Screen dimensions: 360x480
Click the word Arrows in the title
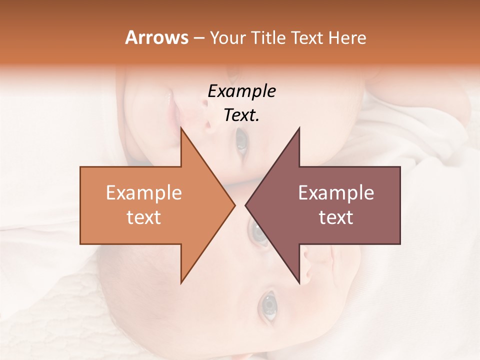coord(156,37)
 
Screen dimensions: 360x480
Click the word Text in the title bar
coord(308,38)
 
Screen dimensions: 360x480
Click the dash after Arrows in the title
coord(198,38)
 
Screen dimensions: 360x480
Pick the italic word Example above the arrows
coord(241,91)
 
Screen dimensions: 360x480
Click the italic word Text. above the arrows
coord(241,115)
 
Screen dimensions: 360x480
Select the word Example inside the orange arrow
coord(144,193)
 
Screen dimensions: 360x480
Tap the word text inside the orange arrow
coord(144,217)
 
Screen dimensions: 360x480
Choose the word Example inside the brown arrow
coord(336,193)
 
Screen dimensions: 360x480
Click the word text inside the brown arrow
coord(336,217)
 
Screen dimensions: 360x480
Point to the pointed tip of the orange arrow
coord(235,205)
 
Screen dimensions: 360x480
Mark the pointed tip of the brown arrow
coord(245,205)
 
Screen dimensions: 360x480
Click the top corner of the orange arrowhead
coord(181,128)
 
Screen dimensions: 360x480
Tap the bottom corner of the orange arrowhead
coord(181,283)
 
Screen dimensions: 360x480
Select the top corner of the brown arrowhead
coord(299,128)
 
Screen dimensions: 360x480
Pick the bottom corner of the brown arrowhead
coord(299,283)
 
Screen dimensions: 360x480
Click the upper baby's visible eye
coord(241,141)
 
